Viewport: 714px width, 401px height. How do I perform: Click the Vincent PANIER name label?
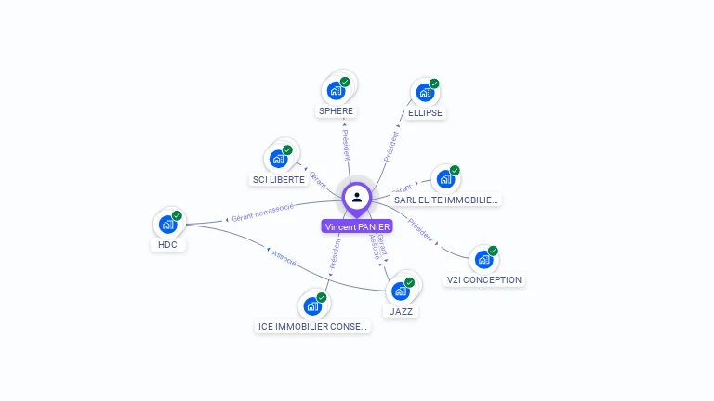[x=358, y=226]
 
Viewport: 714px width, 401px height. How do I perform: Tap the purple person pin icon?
[x=357, y=198]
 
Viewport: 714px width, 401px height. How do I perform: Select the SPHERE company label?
[x=336, y=111]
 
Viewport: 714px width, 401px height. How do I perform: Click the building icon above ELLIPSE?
[x=425, y=92]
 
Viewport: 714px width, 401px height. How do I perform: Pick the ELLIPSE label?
[x=425, y=113]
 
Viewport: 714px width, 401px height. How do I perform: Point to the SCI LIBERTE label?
[x=278, y=180]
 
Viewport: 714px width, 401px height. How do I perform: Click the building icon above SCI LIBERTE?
[x=278, y=159]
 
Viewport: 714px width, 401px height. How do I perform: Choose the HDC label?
[x=167, y=245]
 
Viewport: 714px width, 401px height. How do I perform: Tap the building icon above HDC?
[x=167, y=224]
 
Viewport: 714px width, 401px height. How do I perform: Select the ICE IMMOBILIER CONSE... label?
[x=312, y=327]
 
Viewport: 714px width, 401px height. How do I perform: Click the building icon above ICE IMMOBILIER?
[x=312, y=305]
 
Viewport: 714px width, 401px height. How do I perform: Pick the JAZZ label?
[x=402, y=312]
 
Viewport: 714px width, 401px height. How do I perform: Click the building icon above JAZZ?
[x=401, y=291]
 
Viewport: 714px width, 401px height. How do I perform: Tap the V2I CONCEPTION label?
[x=484, y=279]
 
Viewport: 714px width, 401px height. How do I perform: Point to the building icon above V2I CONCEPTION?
[x=483, y=259]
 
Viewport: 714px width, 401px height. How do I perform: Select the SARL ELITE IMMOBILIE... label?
[x=446, y=200]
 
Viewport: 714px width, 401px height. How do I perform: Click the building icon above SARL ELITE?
[x=445, y=178]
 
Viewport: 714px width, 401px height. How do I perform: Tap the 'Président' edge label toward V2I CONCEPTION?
[x=421, y=230]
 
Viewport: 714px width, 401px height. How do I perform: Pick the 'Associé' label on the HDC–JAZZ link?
[x=284, y=258]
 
